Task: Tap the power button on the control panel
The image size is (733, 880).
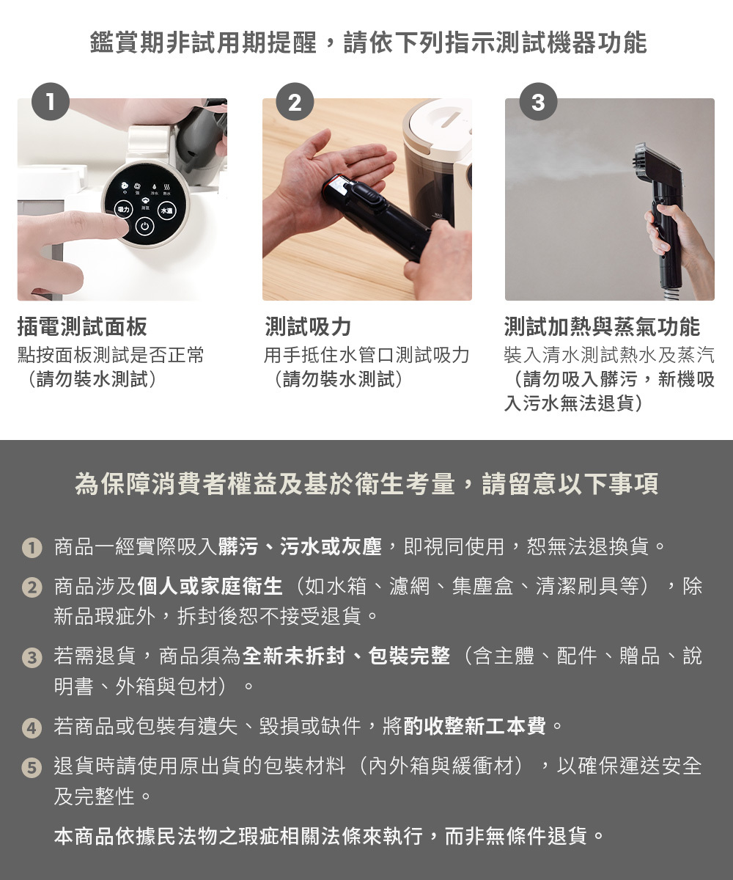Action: [x=144, y=227]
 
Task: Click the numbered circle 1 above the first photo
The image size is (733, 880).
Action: [x=51, y=102]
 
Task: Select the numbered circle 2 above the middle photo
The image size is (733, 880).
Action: [x=295, y=102]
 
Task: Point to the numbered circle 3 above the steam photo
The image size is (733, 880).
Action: [x=538, y=102]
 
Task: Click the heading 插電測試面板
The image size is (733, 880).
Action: [x=82, y=327]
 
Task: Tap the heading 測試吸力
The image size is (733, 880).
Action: [x=308, y=327]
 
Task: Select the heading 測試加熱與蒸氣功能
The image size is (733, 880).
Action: [x=602, y=327]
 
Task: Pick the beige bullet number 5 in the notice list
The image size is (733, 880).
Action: [x=32, y=768]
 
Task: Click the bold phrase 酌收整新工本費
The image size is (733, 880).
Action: [x=475, y=726]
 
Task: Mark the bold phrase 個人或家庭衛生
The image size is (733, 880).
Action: [x=210, y=586]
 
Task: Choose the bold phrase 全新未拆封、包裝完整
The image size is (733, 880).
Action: [x=347, y=656]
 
